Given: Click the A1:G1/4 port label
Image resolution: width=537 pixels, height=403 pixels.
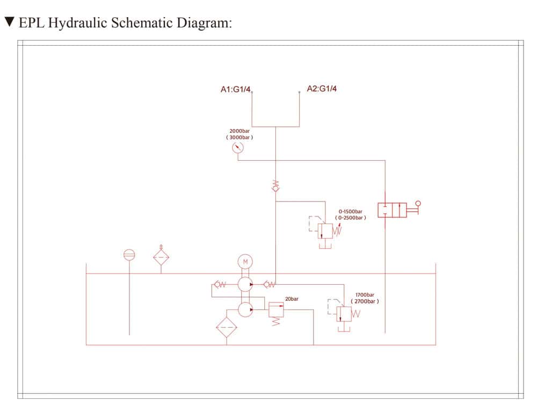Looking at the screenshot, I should click(236, 90).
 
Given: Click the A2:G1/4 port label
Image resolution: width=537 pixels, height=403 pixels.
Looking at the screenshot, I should click(322, 89).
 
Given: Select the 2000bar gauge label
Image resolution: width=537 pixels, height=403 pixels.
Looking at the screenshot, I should click(240, 131).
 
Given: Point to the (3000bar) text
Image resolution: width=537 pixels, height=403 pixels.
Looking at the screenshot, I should click(240, 138).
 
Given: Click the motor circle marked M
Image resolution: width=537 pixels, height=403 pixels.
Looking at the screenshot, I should click(245, 262).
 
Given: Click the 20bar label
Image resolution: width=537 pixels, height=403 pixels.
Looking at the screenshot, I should click(292, 299).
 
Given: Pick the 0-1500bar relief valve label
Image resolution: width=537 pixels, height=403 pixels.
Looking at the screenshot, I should click(351, 212).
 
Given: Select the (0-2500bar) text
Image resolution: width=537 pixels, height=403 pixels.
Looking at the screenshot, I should click(351, 218).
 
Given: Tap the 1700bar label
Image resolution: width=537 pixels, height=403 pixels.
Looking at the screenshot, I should click(365, 295).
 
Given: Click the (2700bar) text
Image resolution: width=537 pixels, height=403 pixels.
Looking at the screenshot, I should click(365, 301).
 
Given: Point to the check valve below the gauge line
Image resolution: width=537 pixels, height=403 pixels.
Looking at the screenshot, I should click(275, 186).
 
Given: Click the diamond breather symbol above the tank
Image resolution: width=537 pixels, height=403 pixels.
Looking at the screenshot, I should click(160, 256).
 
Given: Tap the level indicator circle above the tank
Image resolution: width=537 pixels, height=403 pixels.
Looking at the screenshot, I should click(129, 255).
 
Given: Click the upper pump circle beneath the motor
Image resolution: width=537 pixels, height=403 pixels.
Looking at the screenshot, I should click(245, 284).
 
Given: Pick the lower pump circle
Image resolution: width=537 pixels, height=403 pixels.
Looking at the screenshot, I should click(245, 309).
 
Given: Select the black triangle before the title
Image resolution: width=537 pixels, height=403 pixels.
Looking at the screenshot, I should click(9, 23).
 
